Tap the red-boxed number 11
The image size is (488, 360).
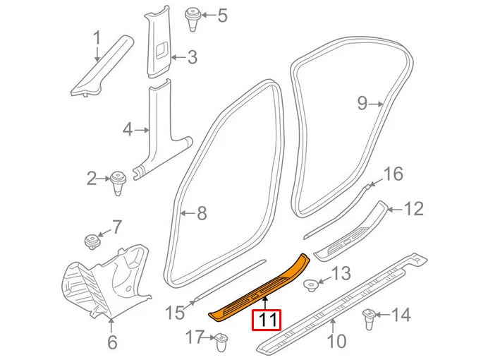click(x=267, y=320)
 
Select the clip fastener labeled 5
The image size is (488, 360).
click(x=191, y=17)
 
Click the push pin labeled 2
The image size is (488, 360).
click(x=117, y=181)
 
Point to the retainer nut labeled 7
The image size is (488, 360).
click(x=91, y=240)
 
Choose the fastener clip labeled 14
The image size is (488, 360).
click(x=368, y=318)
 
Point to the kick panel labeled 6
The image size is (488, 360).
click(x=106, y=278)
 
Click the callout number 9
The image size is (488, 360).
click(x=362, y=104)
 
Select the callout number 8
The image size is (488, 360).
click(x=202, y=212)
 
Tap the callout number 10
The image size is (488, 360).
click(x=336, y=342)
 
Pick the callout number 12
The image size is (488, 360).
click(x=414, y=209)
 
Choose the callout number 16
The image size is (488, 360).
click(x=393, y=174)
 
